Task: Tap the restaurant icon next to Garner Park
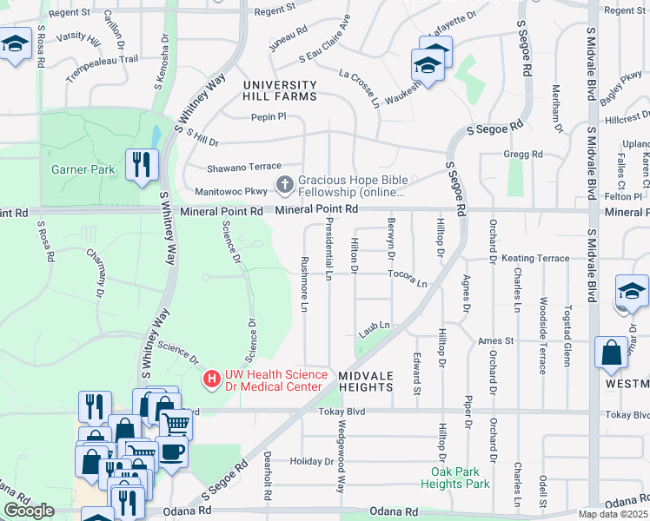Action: (x=140, y=164)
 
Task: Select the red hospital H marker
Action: (x=211, y=379)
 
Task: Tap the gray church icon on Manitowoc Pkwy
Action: (x=284, y=184)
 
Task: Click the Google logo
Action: (x=29, y=511)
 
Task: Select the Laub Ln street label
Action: (x=375, y=326)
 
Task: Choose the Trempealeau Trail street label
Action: (x=103, y=59)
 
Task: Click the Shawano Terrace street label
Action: (x=244, y=166)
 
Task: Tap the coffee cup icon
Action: (x=171, y=451)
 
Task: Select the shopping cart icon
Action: (x=176, y=424)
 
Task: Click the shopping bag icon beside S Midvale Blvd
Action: (x=611, y=353)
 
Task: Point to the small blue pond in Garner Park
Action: (x=156, y=136)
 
